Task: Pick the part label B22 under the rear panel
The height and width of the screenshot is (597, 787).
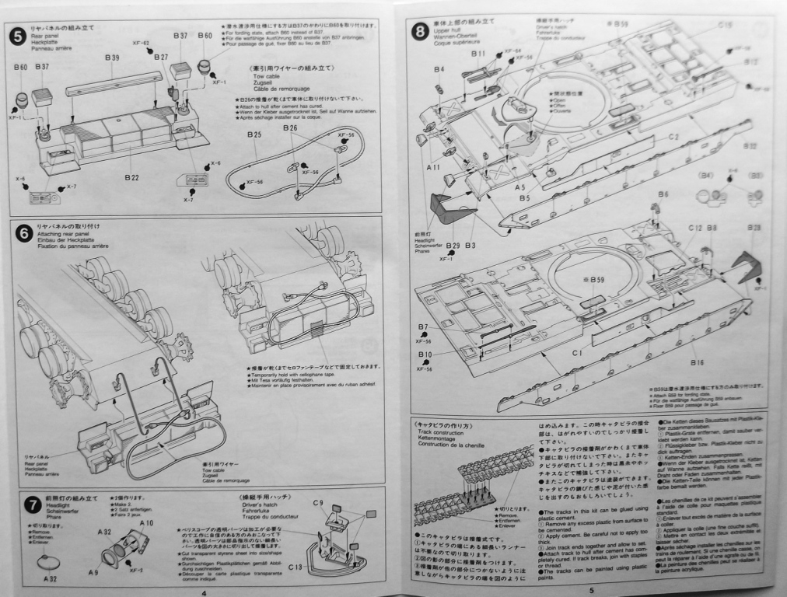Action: (131, 177)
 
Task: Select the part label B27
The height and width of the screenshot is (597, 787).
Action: (161, 58)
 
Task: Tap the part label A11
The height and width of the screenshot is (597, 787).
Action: (433, 167)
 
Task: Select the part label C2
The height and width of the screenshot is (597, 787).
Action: (673, 137)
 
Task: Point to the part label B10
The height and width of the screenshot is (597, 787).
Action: (424, 354)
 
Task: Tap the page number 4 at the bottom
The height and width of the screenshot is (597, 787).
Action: (201, 592)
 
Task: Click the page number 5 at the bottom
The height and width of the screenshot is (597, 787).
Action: (591, 591)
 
